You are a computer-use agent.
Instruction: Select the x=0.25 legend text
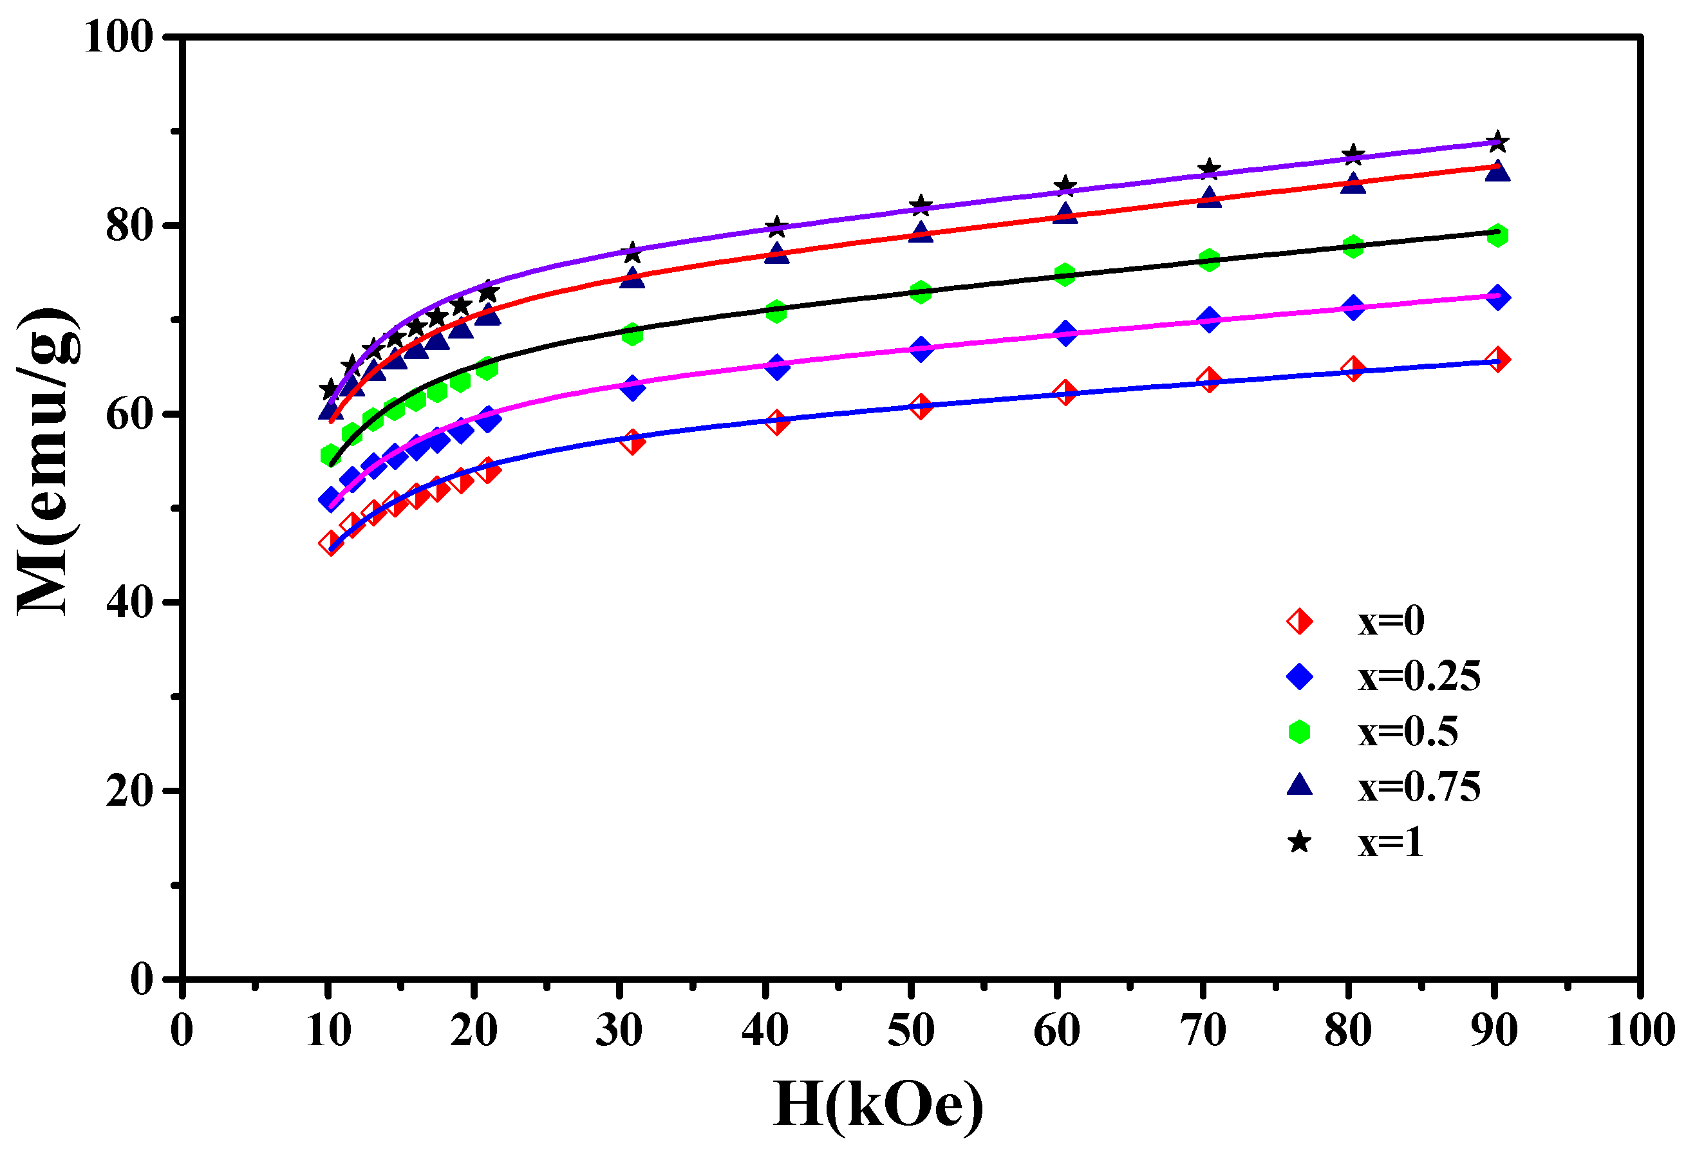(x=1418, y=677)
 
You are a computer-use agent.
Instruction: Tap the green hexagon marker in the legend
(x=1298, y=732)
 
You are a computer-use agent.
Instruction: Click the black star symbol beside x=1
(x=1298, y=842)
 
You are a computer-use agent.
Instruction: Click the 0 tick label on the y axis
(x=142, y=980)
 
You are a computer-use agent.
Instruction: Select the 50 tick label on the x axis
(x=910, y=1030)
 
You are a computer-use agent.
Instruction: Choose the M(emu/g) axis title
(x=47, y=462)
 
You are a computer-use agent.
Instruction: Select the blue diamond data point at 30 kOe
(x=632, y=388)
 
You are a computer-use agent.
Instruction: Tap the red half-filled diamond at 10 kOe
(x=331, y=543)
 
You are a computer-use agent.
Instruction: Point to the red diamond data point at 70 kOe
(x=1208, y=380)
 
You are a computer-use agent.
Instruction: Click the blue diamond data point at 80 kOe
(x=1353, y=308)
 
